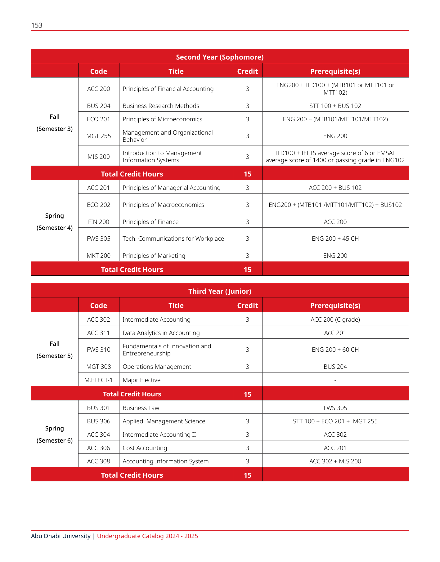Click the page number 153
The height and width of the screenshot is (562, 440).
37,25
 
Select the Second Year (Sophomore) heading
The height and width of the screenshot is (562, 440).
220,57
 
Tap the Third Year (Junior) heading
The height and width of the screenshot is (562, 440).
220,291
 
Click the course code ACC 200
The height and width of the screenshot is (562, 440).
99,89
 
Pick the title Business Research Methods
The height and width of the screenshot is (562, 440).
161,106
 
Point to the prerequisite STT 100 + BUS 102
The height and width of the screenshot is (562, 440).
335,106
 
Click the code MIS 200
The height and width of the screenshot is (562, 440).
99,157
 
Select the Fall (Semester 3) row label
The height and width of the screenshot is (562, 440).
55,123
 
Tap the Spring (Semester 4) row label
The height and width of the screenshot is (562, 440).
55,221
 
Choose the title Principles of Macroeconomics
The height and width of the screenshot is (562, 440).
163,205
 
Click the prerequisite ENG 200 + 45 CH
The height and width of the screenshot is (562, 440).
335,239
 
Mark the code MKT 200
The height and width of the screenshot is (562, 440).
99,256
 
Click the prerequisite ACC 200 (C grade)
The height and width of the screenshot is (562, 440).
335,319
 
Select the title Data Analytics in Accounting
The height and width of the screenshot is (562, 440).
161,333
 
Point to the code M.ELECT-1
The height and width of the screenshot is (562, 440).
99,380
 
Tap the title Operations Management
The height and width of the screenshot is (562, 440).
157,367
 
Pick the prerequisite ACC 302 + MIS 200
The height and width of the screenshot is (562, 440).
335,461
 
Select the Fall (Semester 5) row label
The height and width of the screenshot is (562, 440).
55,350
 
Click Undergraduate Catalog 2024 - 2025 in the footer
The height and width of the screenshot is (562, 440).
147,536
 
